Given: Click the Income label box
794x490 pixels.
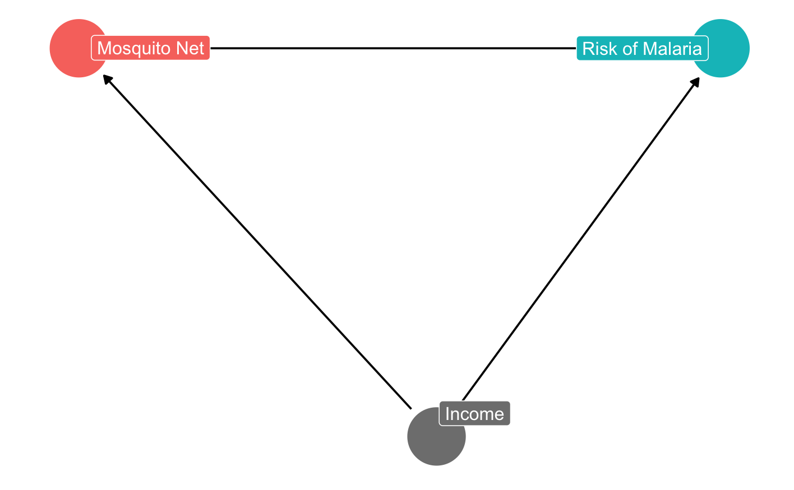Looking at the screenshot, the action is coord(474,414).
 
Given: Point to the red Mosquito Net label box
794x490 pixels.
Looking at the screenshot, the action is coord(150,48).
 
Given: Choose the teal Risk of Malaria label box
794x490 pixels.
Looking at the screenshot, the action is coord(642,49).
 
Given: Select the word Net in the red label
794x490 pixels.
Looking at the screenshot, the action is coord(191,49).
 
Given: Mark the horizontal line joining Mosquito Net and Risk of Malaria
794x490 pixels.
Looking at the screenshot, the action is coord(393,48).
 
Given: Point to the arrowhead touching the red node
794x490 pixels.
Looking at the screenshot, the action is coord(107,80).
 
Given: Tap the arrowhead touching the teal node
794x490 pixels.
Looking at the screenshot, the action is coord(696,81).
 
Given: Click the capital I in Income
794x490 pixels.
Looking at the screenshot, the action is coord(447,414).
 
